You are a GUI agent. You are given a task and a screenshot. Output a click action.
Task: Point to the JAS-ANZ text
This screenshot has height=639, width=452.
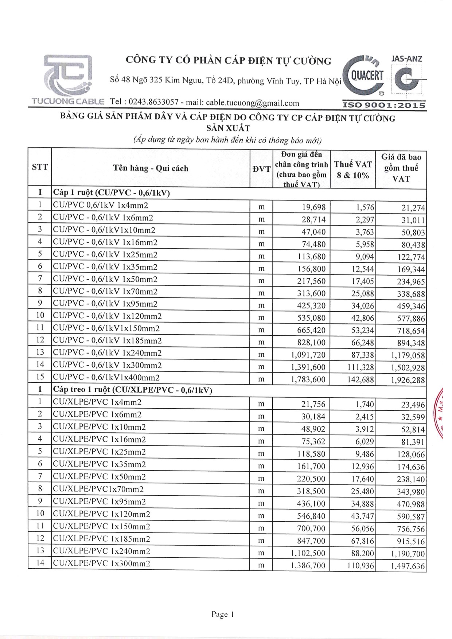pyautogui.click(x=406, y=59)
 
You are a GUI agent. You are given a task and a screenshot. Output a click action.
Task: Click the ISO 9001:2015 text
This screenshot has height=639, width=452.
pyautogui.click(x=384, y=105)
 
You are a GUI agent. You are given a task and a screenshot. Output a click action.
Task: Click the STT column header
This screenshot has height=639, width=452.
pyautogui.click(x=40, y=167)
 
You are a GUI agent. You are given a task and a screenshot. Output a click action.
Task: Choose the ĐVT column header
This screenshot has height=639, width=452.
pyautogui.click(x=261, y=169)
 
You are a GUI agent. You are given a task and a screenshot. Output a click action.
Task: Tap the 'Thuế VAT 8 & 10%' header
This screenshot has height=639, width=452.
pyautogui.click(x=352, y=170)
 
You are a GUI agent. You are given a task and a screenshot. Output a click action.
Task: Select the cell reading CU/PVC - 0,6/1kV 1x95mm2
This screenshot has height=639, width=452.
pyautogui.click(x=105, y=304)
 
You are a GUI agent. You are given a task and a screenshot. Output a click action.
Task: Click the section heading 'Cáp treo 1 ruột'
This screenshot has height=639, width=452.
pyautogui.click(x=132, y=390)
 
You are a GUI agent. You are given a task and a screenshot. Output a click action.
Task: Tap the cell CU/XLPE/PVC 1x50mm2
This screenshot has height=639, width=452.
pyautogui.click(x=100, y=476)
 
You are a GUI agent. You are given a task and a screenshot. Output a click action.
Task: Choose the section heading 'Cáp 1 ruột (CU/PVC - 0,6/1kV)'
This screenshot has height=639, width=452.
pyautogui.click(x=112, y=192)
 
